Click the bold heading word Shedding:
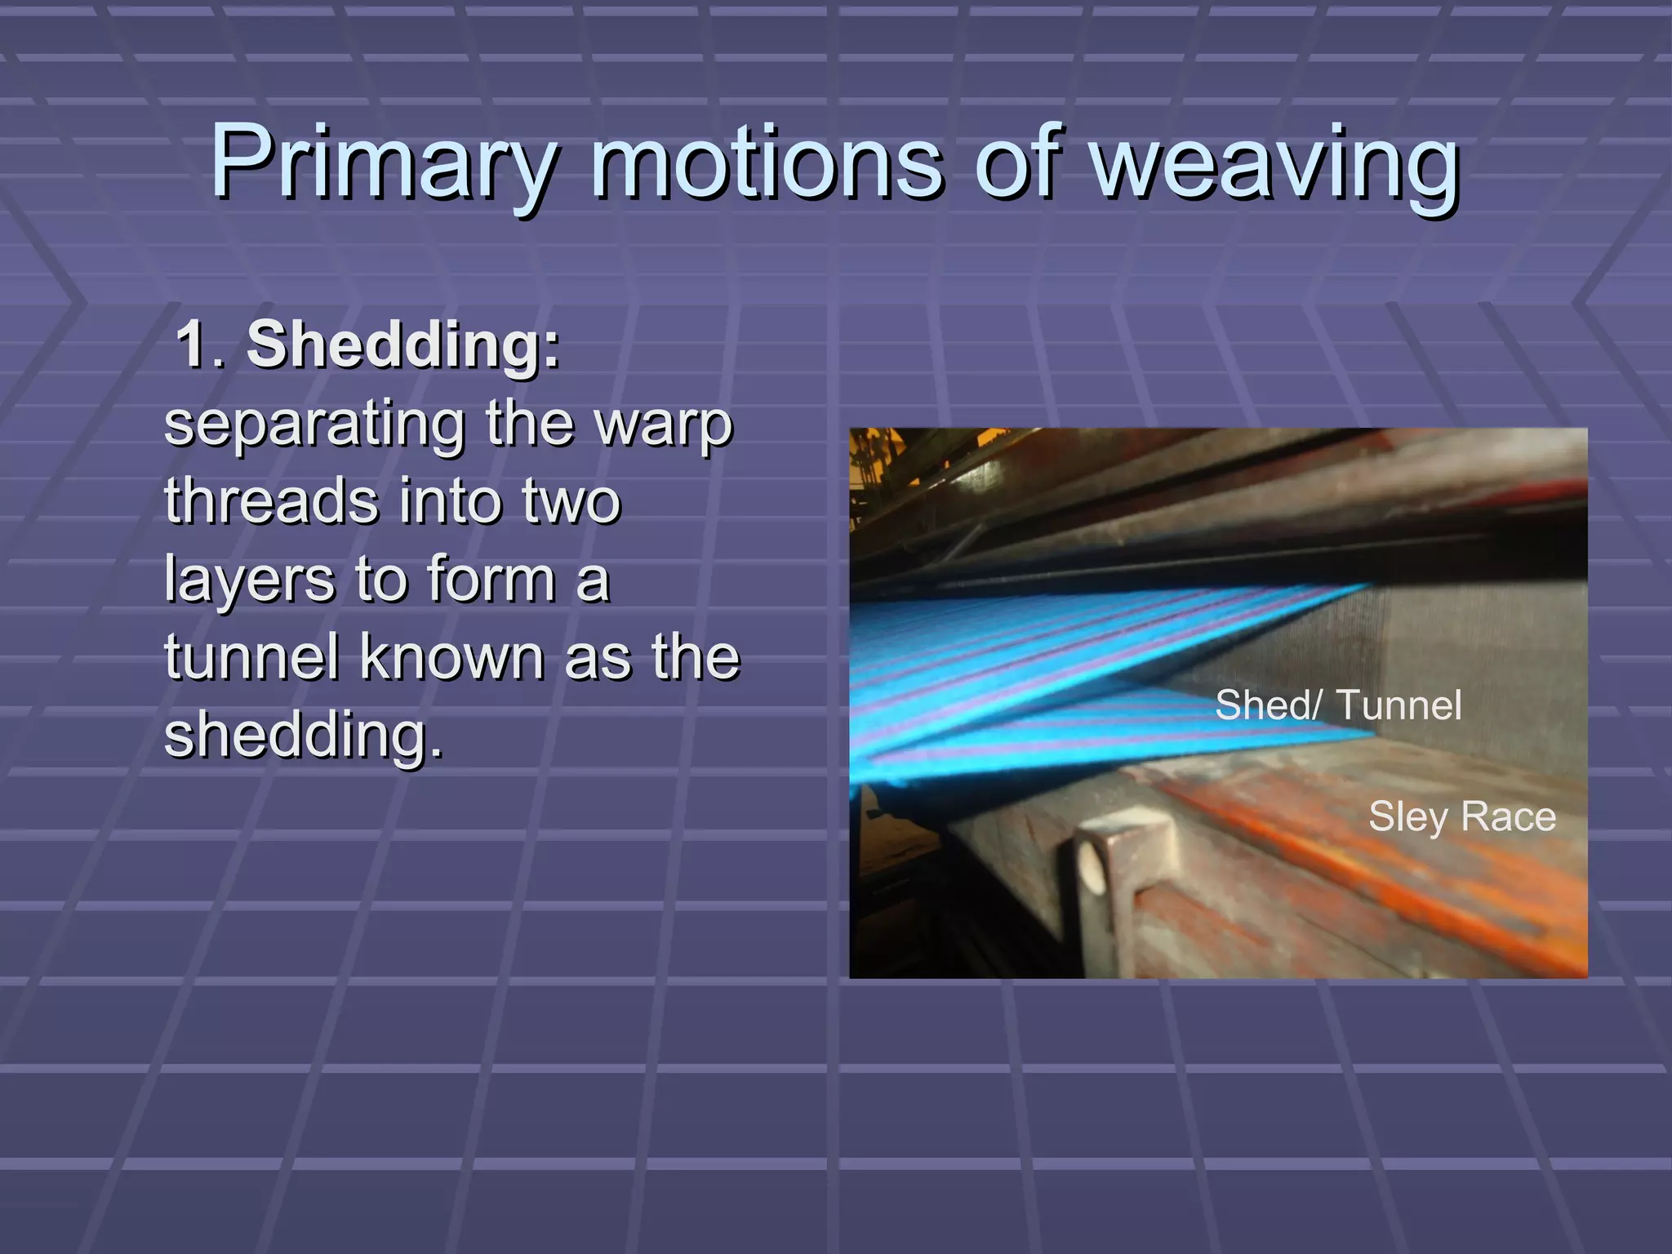coord(403,345)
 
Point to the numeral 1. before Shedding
coord(200,345)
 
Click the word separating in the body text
coord(314,425)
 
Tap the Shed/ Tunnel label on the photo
coord(1337,705)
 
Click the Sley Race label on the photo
coord(1461,816)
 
